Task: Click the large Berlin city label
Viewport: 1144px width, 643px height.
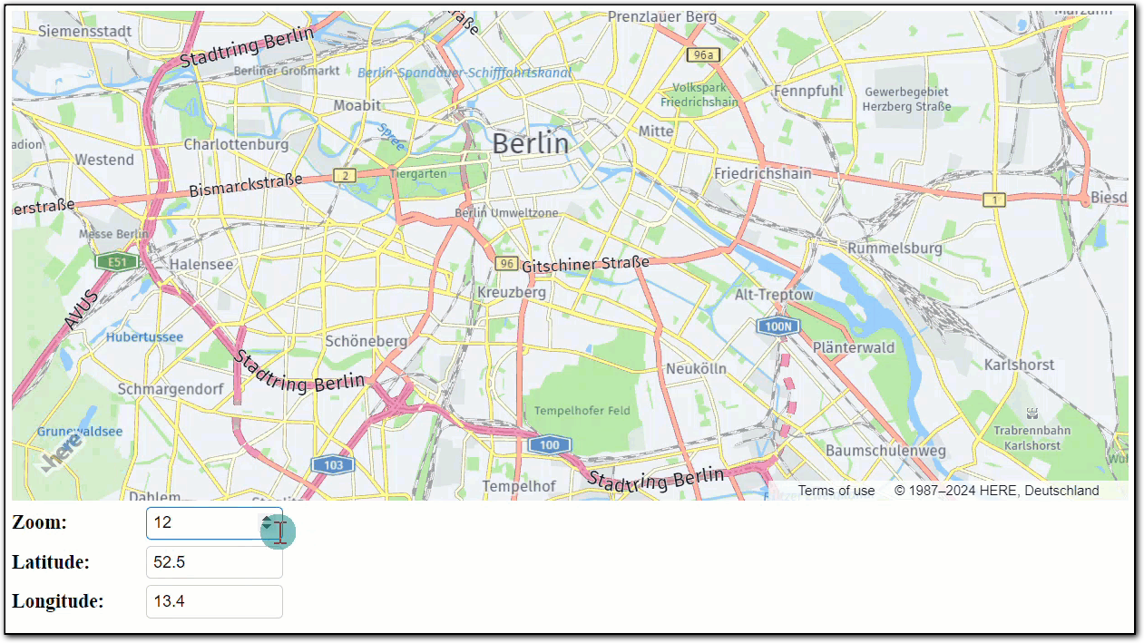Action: pos(531,143)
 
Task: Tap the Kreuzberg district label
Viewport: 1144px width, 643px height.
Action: pos(512,292)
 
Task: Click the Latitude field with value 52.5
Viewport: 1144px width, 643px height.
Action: pos(214,562)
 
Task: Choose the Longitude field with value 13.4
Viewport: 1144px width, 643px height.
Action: pos(214,601)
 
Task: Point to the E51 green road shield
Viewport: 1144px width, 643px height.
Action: pos(116,262)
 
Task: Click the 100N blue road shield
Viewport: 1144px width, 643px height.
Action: pos(777,326)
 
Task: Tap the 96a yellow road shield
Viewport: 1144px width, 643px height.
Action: pos(702,55)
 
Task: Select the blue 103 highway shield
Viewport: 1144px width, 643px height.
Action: pos(333,465)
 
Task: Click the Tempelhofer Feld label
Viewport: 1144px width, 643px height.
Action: pos(582,411)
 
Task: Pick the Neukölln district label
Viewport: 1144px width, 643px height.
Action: pos(696,369)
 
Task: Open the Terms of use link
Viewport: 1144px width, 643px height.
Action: pos(836,491)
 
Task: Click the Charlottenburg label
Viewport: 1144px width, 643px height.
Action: pos(236,144)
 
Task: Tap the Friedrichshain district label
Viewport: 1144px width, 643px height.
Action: pos(762,173)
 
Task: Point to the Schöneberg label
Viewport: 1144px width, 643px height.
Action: pos(366,341)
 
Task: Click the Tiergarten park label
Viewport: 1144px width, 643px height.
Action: pos(418,173)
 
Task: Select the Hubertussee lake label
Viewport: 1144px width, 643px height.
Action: pos(144,337)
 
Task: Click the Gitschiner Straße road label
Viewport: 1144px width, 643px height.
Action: pos(585,265)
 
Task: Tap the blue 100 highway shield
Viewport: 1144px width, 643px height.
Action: pos(549,444)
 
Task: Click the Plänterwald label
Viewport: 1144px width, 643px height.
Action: pos(853,347)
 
